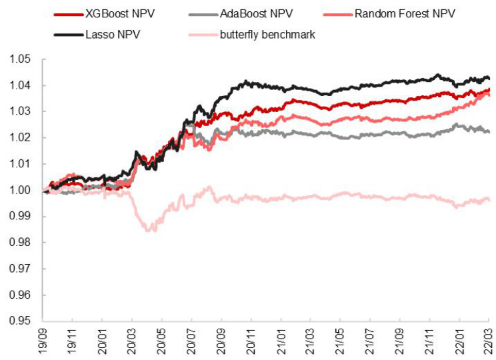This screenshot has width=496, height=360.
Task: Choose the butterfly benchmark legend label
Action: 268,35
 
